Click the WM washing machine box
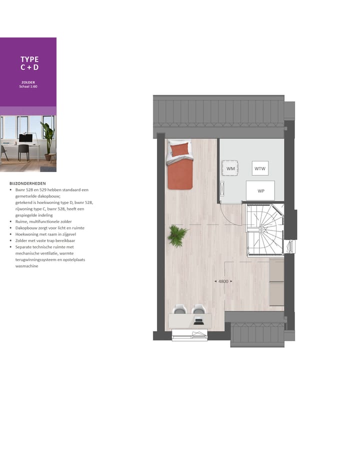pyautogui.click(x=230, y=169)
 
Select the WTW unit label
pyautogui.click(x=260, y=168)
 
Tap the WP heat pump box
pyautogui.click(x=260, y=190)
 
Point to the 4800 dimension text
pyautogui.click(x=223, y=281)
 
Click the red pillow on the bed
pyautogui.click(x=180, y=149)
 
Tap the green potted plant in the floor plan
pyautogui.click(x=177, y=235)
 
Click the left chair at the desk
pyautogui.click(x=181, y=309)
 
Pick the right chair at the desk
pyautogui.click(x=198, y=309)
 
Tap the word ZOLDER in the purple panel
pyautogui.click(x=28, y=82)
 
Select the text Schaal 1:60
pyautogui.click(x=28, y=86)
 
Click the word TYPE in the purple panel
pyautogui.click(x=29, y=59)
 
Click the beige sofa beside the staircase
pyautogui.click(x=276, y=282)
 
